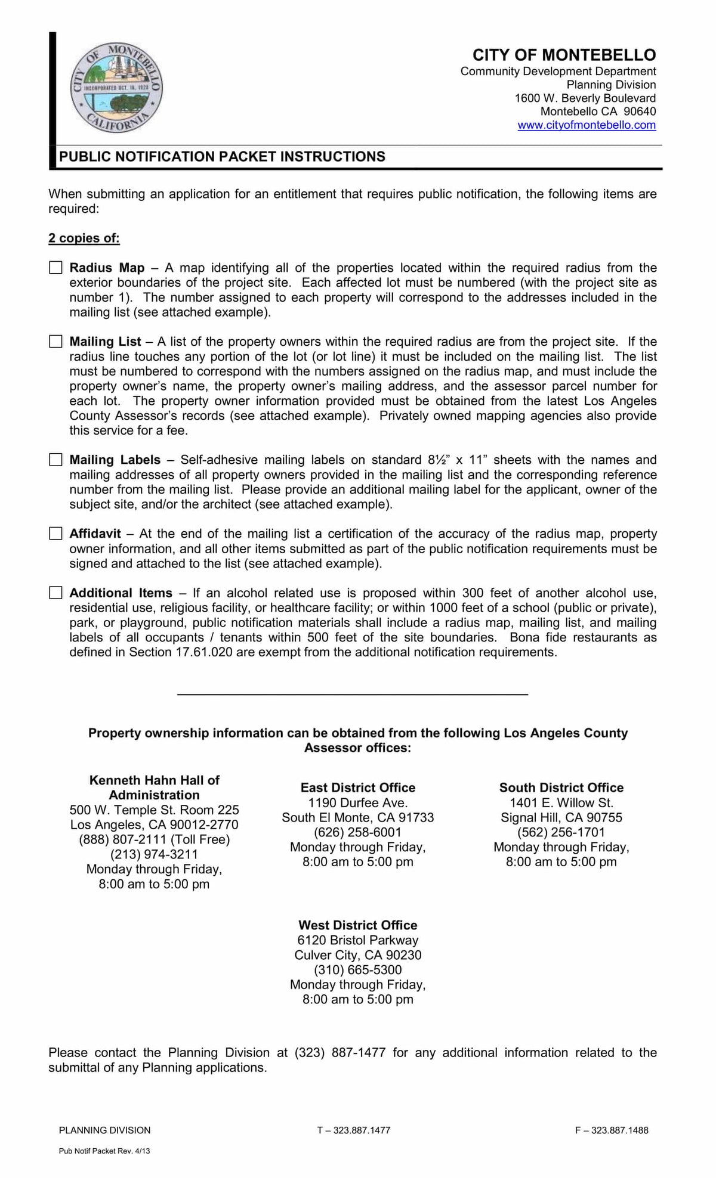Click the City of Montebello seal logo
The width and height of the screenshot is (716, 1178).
coord(116,88)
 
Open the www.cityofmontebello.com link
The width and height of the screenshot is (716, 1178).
coord(587,125)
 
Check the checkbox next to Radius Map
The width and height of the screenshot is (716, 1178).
coord(55,268)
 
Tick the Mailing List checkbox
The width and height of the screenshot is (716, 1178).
coord(55,342)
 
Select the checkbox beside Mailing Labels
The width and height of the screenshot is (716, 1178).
coord(55,460)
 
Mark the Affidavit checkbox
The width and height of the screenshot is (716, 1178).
coord(55,534)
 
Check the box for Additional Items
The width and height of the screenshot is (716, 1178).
coord(55,593)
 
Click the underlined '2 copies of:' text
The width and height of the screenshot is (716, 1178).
coord(84,238)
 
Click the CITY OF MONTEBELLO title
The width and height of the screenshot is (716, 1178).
coord(564,55)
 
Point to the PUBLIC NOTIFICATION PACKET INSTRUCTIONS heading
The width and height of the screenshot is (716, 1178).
coord(222,157)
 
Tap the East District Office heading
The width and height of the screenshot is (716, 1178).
coord(358,788)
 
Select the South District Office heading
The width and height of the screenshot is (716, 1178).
coord(561,788)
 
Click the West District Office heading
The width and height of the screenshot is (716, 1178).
coord(358,925)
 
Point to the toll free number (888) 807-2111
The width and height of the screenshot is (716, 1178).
coord(154,839)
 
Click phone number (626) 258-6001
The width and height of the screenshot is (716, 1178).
coord(358,832)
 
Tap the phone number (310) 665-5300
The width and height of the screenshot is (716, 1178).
coord(358,970)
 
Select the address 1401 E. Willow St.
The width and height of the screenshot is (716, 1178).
coord(561,802)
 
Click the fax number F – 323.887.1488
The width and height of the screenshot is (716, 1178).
coord(612,1130)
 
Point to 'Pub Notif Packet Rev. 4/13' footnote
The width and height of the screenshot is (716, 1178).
coord(104,1151)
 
